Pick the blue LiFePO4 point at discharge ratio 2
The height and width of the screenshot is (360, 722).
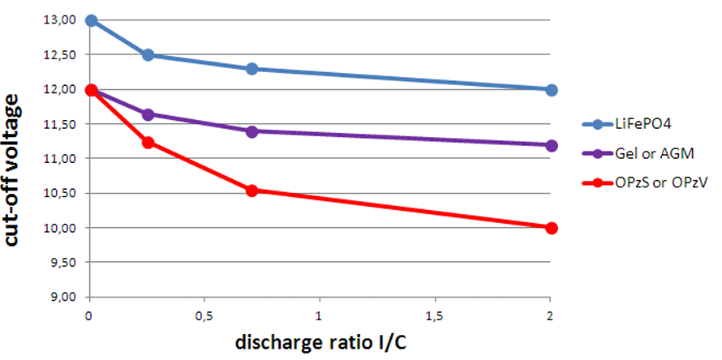[552, 90]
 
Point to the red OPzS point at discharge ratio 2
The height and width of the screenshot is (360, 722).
[552, 228]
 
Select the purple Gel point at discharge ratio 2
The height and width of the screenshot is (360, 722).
[552, 145]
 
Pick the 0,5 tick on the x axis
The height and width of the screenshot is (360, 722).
[204, 314]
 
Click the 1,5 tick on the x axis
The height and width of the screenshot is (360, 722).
[435, 314]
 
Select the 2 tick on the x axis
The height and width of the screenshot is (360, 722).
[552, 314]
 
